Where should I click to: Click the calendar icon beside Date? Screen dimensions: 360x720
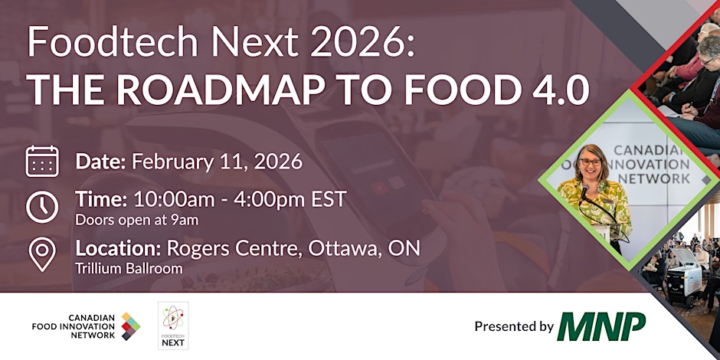coord(42,162)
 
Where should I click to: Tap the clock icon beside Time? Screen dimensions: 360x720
coord(42,206)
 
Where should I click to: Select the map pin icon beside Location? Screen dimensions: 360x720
coord(42,254)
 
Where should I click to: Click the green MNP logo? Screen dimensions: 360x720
coord(601,326)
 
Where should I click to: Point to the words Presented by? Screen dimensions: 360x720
coord(514,327)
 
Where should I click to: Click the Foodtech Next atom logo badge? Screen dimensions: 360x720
coord(173,326)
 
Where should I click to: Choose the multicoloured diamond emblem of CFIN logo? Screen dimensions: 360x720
coord(131,326)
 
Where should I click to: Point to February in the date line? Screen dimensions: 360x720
coord(173,162)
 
